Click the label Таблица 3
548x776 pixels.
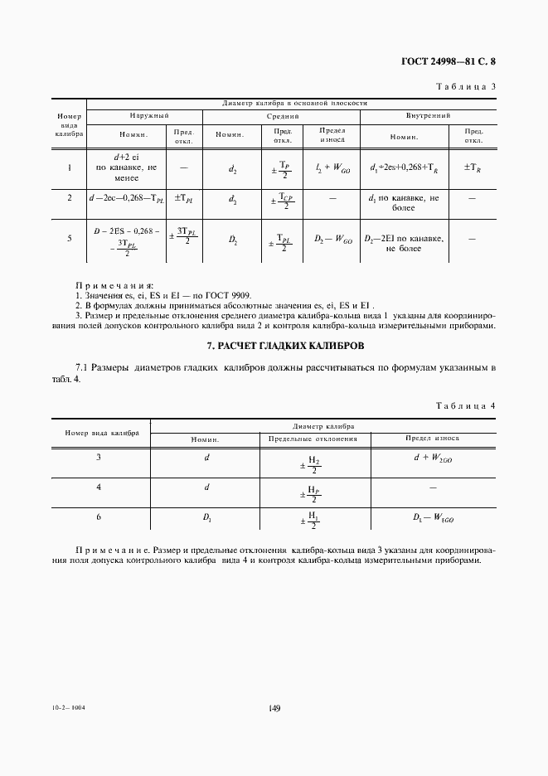(465, 86)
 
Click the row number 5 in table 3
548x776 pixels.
(70, 239)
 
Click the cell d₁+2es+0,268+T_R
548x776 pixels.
(405, 167)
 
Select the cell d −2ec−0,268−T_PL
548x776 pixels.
(127, 199)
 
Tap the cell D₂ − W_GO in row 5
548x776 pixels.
(334, 240)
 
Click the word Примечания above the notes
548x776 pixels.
(109, 284)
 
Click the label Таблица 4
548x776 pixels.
(465, 406)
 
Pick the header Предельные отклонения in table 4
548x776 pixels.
(312, 438)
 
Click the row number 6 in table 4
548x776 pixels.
(99, 517)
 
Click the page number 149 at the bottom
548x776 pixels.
(274, 708)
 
